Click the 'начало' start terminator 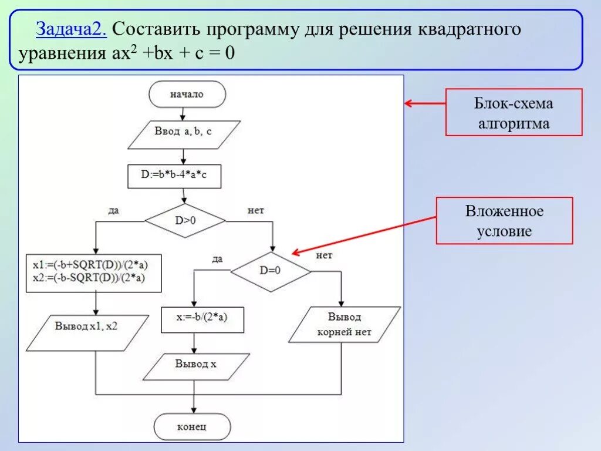[187, 95]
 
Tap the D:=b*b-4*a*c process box [174, 176]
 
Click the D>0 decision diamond [185, 221]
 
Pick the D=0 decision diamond [270, 271]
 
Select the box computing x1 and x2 [94, 272]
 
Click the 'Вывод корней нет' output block [345, 324]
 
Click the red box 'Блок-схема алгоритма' [514, 113]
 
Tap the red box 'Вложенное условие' [504, 221]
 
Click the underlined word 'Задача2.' [70, 29]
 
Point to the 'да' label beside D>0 [114, 210]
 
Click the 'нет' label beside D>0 [255, 210]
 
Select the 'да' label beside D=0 [217, 259]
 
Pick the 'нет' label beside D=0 [324, 255]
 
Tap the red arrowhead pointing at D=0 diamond [295, 253]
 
